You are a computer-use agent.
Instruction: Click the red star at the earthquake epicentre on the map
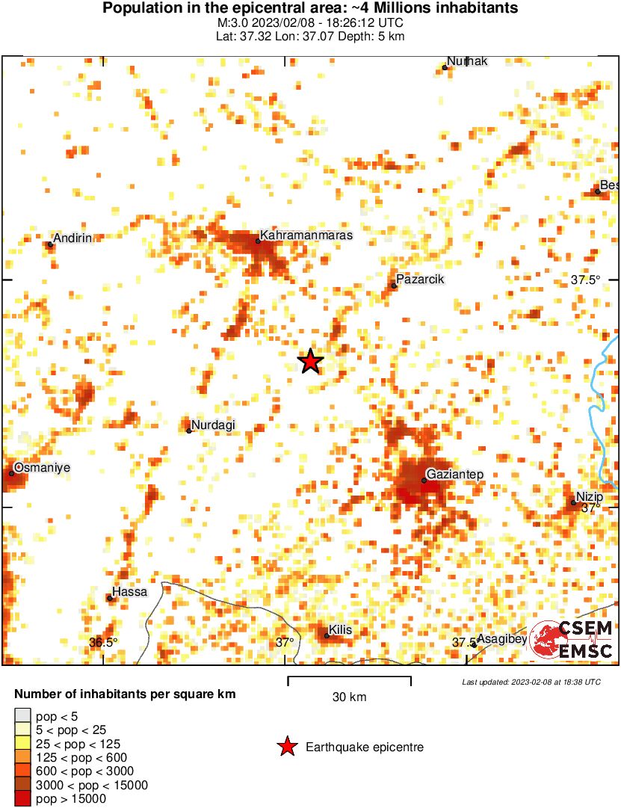click(310, 362)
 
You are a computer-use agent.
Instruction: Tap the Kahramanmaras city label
click(306, 235)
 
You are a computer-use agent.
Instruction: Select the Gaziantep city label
click(454, 475)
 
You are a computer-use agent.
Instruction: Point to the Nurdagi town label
click(214, 425)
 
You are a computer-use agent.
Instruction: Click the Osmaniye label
click(42, 467)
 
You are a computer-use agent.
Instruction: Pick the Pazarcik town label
click(421, 280)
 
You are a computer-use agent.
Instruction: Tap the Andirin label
click(72, 238)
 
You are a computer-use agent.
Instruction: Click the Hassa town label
click(129, 592)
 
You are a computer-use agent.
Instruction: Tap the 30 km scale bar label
click(349, 697)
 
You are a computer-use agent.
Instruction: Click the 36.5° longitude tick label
click(104, 642)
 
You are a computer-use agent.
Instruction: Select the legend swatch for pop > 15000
click(23, 799)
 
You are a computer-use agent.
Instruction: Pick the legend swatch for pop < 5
click(23, 717)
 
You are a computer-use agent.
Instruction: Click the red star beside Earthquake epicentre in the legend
click(286, 747)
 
